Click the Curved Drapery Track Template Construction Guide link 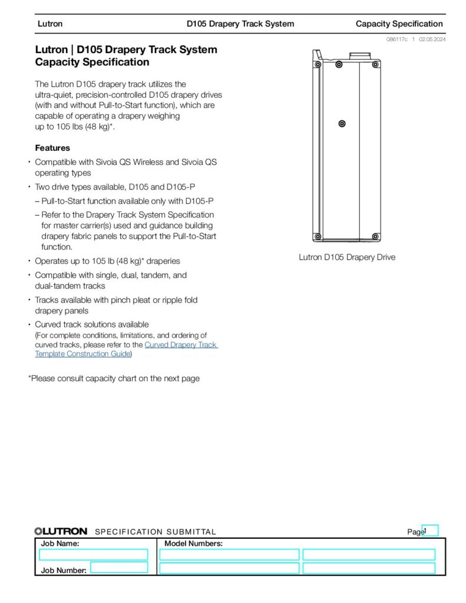[x=180, y=345]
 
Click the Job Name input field [x=93, y=555]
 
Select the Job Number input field [x=119, y=567]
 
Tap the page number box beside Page [x=431, y=531]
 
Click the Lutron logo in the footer [x=61, y=531]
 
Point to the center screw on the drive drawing [x=342, y=124]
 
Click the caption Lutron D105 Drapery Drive [x=347, y=257]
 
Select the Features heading [x=52, y=148]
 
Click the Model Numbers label [x=193, y=544]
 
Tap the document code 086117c [x=398, y=39]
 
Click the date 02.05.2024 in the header [x=432, y=39]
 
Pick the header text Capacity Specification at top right [x=399, y=24]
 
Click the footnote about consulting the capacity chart [x=114, y=379]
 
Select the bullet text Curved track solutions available [x=92, y=324]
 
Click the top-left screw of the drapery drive [x=317, y=64]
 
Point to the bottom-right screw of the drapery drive [x=375, y=237]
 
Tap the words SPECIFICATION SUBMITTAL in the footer [x=156, y=532]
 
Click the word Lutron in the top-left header [x=50, y=24]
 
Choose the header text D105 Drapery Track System [x=240, y=24]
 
